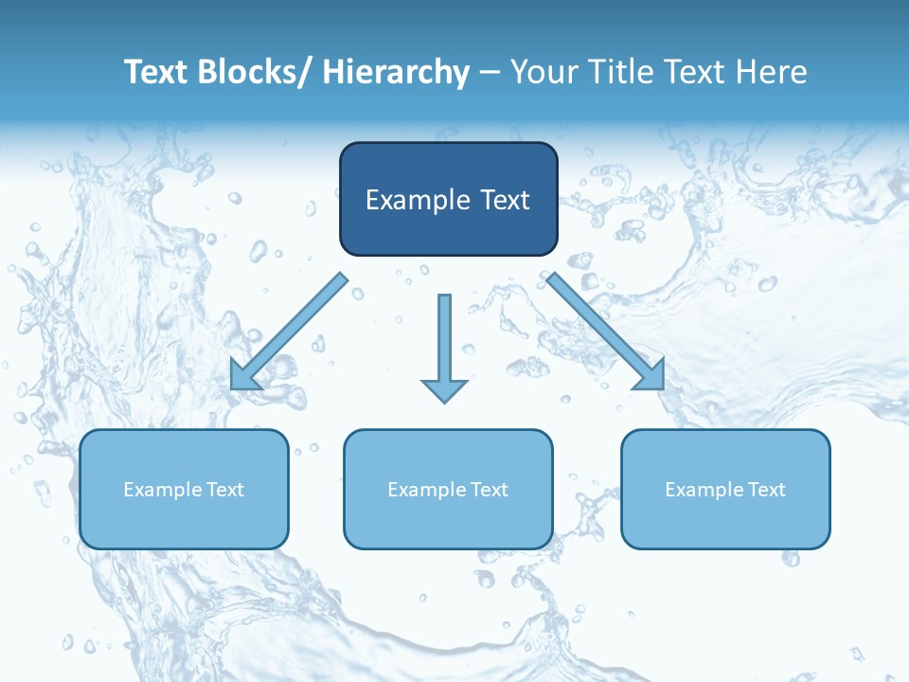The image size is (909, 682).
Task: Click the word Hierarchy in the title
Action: point(396,72)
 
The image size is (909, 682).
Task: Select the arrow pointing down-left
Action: point(289,332)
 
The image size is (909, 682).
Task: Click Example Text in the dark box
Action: point(448,200)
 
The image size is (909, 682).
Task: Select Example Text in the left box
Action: point(184,490)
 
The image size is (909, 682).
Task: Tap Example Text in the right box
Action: point(725,490)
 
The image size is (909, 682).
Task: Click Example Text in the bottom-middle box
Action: point(448,490)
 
